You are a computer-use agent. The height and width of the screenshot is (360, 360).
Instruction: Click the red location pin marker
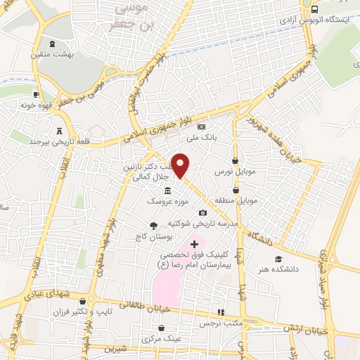point(180,165)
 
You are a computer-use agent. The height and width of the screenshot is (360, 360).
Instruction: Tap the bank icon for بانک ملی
point(202,127)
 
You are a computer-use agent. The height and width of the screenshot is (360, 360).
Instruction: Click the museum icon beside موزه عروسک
point(167,191)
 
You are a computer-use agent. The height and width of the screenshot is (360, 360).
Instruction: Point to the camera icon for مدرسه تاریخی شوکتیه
point(203,212)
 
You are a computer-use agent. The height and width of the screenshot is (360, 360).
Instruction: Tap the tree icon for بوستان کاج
point(153,226)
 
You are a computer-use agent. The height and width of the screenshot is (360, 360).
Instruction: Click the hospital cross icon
point(195,244)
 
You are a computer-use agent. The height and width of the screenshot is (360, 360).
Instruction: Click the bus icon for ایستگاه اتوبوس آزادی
point(314,9)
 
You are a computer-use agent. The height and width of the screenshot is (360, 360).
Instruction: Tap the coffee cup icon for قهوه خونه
point(36,95)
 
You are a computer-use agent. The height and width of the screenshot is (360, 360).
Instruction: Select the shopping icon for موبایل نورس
point(234,161)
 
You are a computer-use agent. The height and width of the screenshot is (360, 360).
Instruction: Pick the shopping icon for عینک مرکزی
point(162,328)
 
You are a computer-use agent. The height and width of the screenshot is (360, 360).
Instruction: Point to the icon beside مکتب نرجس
point(221,312)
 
